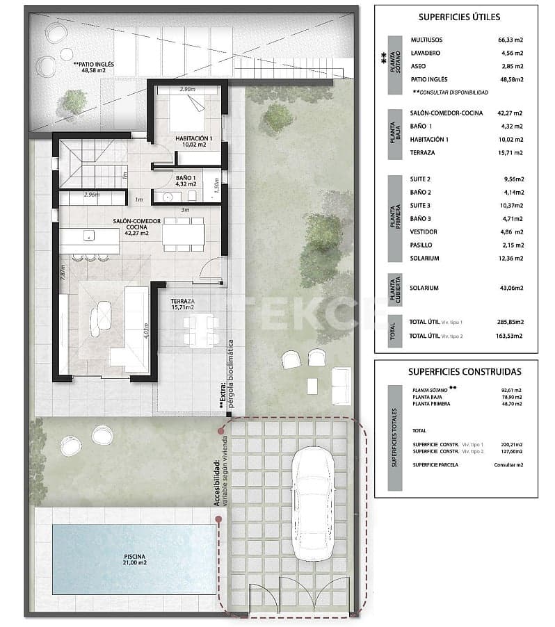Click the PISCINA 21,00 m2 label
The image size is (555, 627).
click(135, 560)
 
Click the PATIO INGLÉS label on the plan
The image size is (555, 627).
click(93, 67)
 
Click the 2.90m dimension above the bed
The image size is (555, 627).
click(187, 90)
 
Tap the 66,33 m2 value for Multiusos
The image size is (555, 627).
click(508, 40)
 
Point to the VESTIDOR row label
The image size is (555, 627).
click(424, 231)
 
